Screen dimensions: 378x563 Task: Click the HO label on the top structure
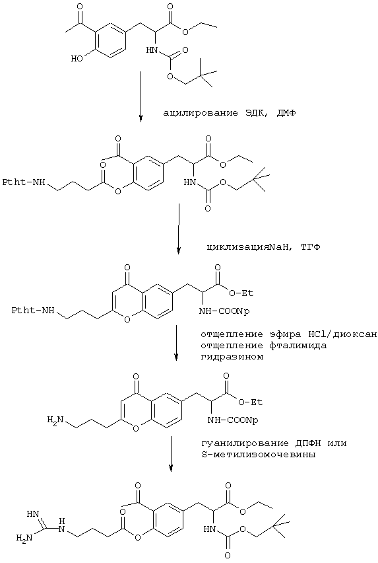[x=77, y=58]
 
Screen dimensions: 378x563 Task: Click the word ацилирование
[x=201, y=113]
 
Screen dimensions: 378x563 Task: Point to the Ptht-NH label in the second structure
[x=24, y=183]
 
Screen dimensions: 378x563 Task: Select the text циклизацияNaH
[x=243, y=247]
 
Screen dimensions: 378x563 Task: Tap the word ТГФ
[x=310, y=247]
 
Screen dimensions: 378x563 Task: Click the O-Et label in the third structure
[x=241, y=293]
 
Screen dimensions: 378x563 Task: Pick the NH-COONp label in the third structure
[x=224, y=312]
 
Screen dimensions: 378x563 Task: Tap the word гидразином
[x=232, y=357]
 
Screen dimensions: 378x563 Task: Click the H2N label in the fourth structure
[x=55, y=420]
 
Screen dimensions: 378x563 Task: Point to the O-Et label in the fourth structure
[x=250, y=402]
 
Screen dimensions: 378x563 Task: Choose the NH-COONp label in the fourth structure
[x=233, y=420]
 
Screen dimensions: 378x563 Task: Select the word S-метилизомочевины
[x=259, y=455]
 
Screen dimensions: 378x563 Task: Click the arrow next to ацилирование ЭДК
[x=141, y=96]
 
